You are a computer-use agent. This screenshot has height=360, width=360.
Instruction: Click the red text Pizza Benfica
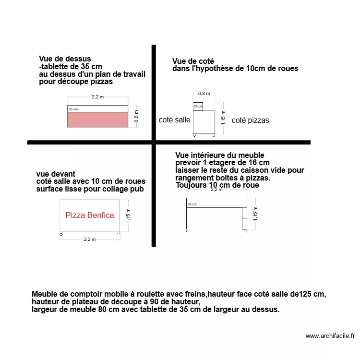click(90, 215)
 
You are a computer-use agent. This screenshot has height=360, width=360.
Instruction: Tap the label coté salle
click(174, 120)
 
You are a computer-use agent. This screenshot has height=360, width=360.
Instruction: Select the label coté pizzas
click(250, 120)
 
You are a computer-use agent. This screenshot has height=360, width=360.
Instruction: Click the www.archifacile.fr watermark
click(330, 336)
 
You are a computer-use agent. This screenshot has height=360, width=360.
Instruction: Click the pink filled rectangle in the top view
click(97, 120)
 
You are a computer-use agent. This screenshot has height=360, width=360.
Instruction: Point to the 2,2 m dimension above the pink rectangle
click(97, 97)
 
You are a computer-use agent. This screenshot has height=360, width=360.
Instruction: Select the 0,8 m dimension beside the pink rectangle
click(136, 117)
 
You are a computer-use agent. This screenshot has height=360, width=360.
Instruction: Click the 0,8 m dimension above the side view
click(204, 94)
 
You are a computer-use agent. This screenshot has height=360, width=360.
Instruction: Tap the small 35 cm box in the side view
click(198, 107)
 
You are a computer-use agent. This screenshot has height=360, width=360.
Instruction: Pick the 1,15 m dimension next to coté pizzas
click(223, 117)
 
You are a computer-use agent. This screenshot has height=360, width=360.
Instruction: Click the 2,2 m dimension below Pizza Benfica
click(90, 239)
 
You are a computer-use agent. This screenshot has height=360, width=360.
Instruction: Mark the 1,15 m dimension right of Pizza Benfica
click(128, 215)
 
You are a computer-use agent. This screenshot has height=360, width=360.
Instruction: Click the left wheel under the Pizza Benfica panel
click(61, 234)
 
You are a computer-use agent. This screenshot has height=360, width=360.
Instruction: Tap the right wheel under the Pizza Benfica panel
click(119, 234)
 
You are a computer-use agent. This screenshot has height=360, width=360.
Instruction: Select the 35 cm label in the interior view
click(192, 204)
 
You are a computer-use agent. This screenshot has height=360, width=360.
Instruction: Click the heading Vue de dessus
click(65, 59)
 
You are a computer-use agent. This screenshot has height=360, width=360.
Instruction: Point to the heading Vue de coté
click(193, 61)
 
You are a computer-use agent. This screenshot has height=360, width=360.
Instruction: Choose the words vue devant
click(56, 174)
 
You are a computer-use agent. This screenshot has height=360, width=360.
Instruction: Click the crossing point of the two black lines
click(154, 142)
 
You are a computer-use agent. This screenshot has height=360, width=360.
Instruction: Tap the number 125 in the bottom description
click(305, 294)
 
